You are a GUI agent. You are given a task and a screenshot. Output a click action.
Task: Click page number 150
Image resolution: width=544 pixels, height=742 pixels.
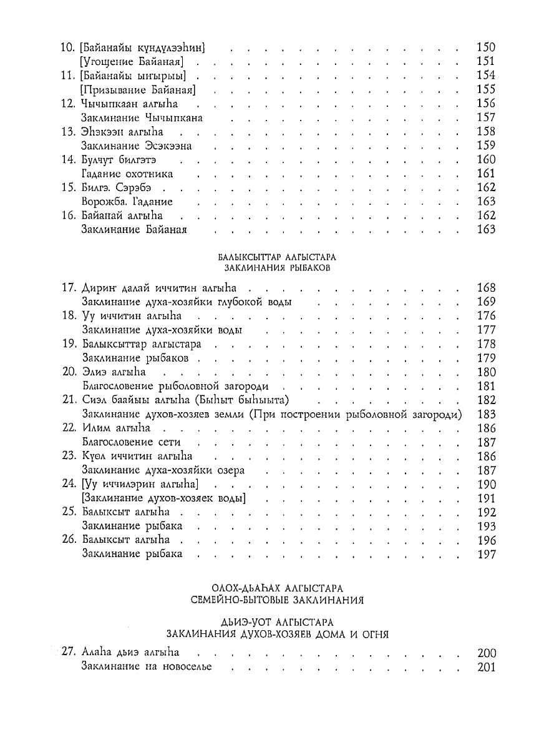[x=485, y=47]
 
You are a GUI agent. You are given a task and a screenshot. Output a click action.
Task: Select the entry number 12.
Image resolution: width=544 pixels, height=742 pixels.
[x=69, y=104]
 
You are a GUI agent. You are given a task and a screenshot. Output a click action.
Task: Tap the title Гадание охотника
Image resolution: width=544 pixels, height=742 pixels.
[x=127, y=174]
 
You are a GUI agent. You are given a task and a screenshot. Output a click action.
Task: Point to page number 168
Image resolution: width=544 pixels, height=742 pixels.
[x=485, y=288]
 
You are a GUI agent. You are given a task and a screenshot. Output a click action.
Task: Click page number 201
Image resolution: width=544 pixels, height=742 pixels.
[x=485, y=667]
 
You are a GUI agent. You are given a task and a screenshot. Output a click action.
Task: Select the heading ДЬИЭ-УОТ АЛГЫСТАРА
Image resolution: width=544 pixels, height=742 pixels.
[x=277, y=623]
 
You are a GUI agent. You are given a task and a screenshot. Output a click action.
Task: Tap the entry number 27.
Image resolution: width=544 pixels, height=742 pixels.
[x=69, y=653]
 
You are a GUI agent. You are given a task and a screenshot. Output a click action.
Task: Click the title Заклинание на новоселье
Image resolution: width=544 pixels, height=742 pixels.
[x=147, y=667]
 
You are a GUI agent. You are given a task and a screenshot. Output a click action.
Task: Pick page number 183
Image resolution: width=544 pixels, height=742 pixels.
[x=485, y=414]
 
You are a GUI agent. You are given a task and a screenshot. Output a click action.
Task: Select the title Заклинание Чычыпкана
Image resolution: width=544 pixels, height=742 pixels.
[x=142, y=117]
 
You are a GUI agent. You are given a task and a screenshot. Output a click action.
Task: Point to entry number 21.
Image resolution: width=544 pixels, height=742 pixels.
[x=69, y=400]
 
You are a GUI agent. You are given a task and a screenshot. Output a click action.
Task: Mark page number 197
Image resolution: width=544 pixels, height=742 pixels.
[x=485, y=554]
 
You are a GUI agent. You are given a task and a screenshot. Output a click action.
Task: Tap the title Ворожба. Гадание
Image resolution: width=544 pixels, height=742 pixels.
[x=127, y=202]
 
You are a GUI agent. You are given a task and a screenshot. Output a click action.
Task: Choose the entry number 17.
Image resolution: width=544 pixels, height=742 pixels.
[x=69, y=288]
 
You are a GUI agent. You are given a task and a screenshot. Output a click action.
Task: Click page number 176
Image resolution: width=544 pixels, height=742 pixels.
[x=485, y=316]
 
